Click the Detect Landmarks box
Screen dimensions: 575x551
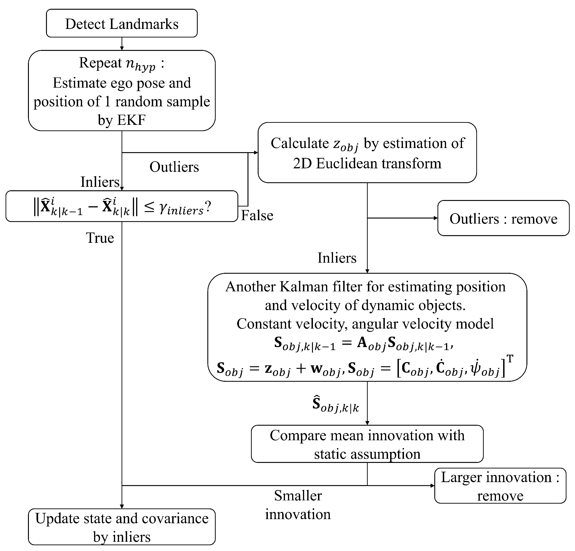click(x=122, y=23)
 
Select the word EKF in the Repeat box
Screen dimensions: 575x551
click(x=132, y=120)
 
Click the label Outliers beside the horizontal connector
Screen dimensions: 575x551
click(x=174, y=167)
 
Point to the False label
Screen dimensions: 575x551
click(x=257, y=215)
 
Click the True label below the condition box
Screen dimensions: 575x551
click(x=100, y=237)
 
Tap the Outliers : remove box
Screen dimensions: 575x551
click(x=503, y=218)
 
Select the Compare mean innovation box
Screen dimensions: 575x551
click(x=367, y=443)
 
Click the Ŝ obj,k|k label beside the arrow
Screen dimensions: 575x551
click(x=336, y=404)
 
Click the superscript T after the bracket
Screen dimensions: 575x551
click(x=510, y=358)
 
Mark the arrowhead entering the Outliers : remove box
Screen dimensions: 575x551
click(x=436, y=218)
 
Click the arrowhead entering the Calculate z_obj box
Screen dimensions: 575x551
click(x=256, y=152)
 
